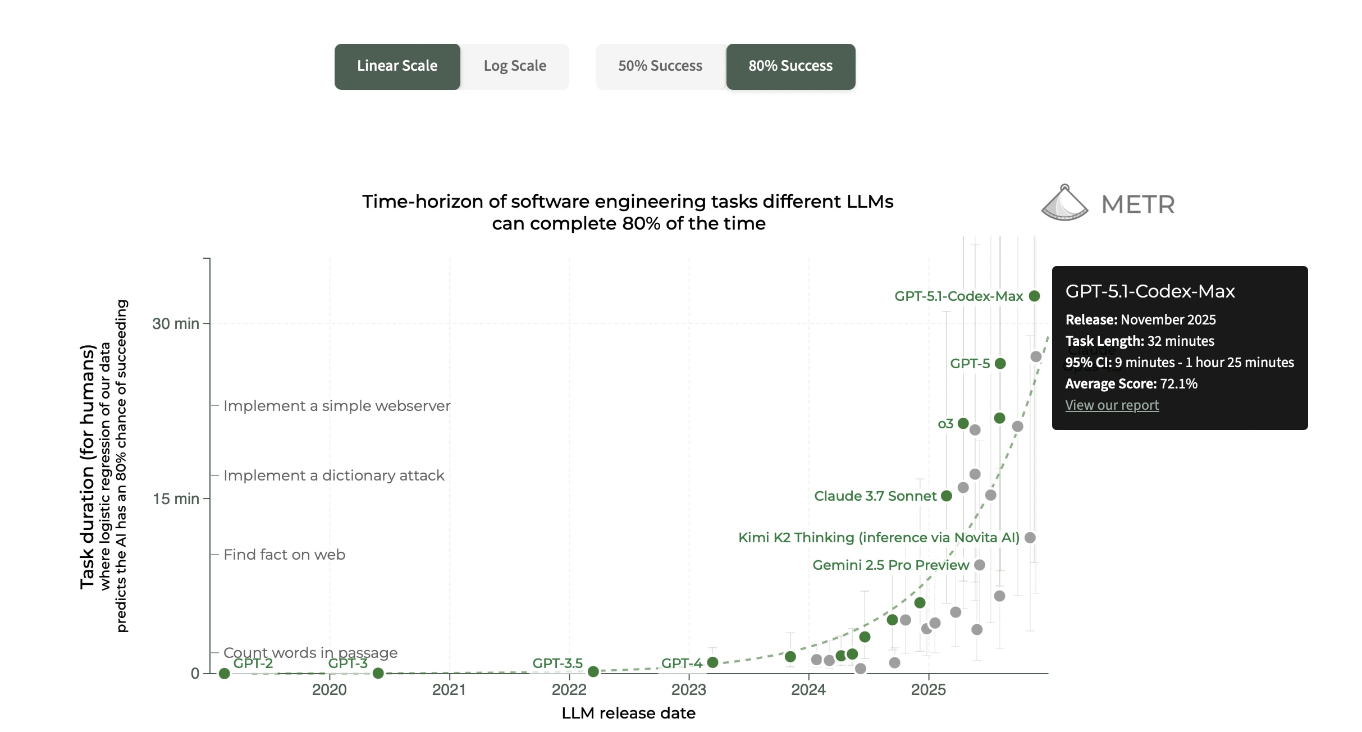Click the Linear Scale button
point(397,66)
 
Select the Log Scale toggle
point(515,66)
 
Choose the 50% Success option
point(660,66)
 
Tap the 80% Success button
point(790,66)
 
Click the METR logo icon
point(1064,203)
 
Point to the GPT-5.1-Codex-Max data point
point(1035,296)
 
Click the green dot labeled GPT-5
point(1000,363)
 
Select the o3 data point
point(963,423)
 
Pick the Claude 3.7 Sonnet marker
point(947,496)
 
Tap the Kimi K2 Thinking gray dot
point(1030,537)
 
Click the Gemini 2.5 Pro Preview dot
point(980,565)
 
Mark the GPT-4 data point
point(712,662)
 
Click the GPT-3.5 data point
point(593,671)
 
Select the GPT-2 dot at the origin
point(224,673)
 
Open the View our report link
point(1112,405)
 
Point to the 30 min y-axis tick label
point(175,324)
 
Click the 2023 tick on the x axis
point(689,689)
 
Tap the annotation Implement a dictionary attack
point(333,475)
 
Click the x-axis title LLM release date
point(628,713)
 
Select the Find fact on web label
point(284,555)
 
